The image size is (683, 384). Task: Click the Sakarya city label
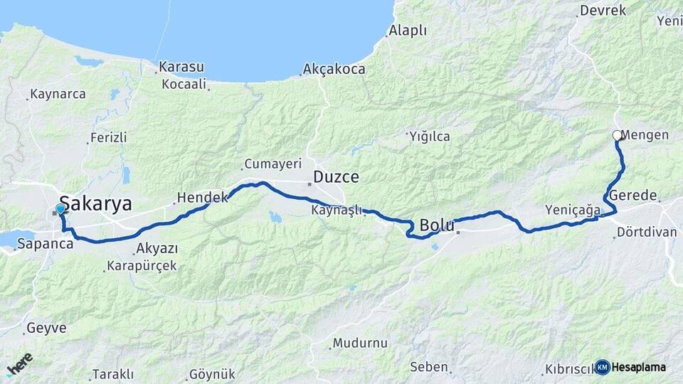click(96, 204)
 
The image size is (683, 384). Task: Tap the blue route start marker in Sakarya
click(60, 209)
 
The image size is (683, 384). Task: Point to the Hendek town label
click(201, 197)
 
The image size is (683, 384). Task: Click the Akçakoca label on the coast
click(334, 70)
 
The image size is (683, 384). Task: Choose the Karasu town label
click(181, 67)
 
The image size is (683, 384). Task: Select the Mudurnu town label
click(360, 343)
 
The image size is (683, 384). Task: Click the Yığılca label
click(429, 137)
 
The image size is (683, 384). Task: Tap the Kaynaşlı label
click(337, 210)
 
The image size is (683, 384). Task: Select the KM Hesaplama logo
click(630, 367)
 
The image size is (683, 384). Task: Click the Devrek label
click(603, 10)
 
